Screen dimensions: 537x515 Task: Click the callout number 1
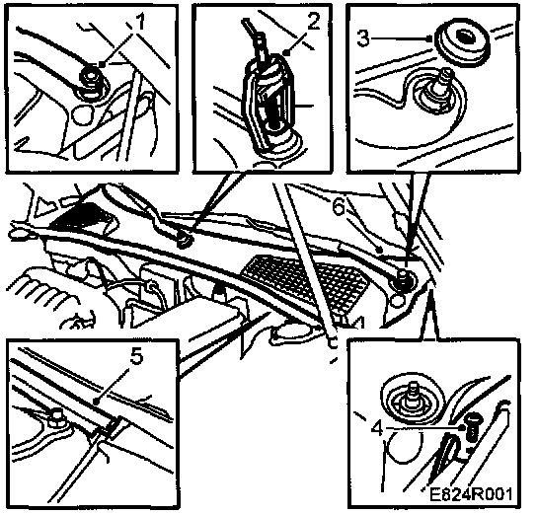pos(140,23)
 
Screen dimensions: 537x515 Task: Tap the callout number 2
pos(313,22)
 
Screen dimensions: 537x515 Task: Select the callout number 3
pos(363,38)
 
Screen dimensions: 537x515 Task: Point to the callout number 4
pos(377,428)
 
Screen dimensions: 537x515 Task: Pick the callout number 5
pos(136,357)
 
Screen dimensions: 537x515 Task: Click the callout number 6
pos(339,207)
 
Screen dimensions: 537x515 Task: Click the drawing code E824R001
pos(471,493)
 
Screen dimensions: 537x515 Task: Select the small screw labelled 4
pos(472,426)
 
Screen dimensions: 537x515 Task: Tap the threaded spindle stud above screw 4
pos(411,399)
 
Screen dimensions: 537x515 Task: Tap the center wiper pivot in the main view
pos(186,239)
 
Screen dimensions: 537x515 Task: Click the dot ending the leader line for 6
pos(378,251)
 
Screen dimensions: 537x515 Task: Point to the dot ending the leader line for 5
pos(96,400)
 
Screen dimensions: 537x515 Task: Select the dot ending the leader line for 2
pos(287,52)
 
